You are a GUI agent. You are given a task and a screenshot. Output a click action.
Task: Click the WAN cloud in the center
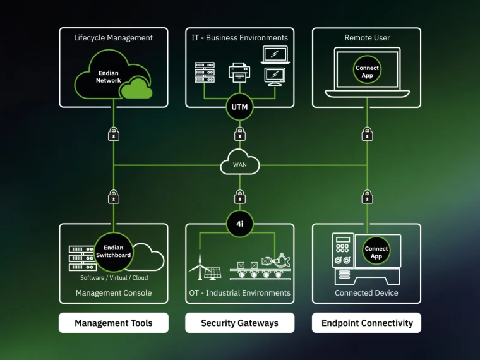click(x=240, y=164)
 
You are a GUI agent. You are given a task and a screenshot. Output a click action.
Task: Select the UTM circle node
click(x=240, y=107)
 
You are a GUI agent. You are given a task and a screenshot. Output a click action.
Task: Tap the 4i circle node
click(x=240, y=224)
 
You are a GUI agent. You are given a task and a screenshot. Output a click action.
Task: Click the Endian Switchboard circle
click(x=114, y=251)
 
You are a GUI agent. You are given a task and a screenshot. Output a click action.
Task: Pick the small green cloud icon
click(x=136, y=89)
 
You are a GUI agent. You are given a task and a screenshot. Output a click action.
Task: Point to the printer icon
click(x=240, y=73)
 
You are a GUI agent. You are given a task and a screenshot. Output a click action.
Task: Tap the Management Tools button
click(x=114, y=323)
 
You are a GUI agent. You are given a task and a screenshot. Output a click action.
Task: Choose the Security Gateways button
click(x=240, y=323)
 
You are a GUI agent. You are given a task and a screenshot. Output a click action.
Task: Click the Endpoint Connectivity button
click(x=367, y=323)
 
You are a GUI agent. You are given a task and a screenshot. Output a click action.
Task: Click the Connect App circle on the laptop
click(x=367, y=71)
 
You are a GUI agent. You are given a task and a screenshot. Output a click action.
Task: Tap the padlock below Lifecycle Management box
click(x=114, y=133)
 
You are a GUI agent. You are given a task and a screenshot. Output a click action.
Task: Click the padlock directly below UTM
click(x=240, y=133)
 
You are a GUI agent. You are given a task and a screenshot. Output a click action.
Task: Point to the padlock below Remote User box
click(x=367, y=133)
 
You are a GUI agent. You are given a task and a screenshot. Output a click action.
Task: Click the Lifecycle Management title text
click(x=114, y=38)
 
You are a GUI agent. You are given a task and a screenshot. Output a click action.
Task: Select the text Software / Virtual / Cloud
click(x=114, y=278)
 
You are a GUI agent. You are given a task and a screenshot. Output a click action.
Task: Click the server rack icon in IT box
click(x=204, y=73)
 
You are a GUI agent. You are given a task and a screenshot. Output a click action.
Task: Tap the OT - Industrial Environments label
click(x=240, y=293)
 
